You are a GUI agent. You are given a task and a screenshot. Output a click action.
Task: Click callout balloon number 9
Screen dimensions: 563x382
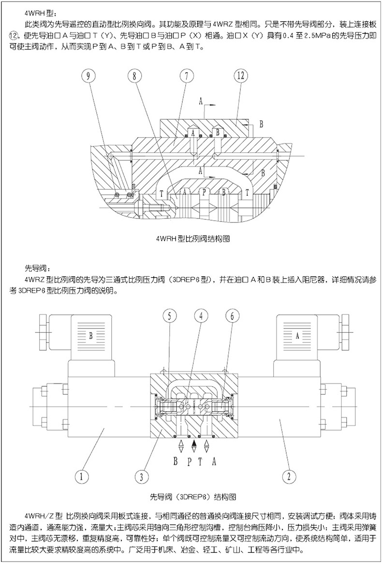89,76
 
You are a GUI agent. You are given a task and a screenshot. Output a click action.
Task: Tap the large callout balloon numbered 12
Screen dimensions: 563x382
241,76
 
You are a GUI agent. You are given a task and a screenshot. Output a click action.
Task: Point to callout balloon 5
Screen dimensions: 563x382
168,316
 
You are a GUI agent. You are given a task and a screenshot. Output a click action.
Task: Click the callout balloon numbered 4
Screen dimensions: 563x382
199,316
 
